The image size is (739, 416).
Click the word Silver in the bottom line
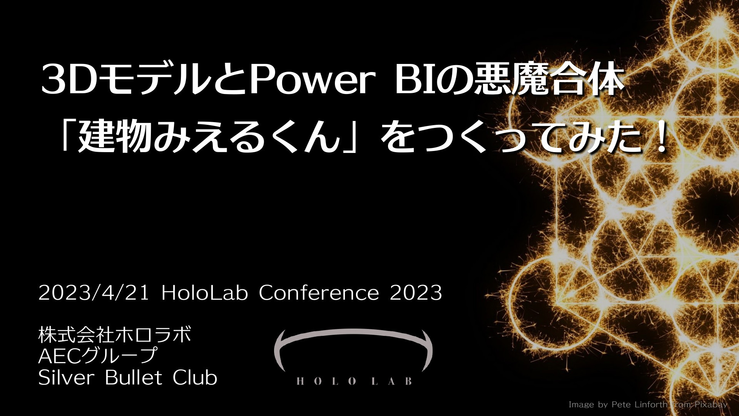[66, 377]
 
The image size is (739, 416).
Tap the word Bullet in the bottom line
[134, 377]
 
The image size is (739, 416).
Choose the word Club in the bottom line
[195, 377]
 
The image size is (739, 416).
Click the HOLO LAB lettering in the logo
[354, 381]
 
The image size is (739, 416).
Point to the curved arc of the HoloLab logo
[353, 332]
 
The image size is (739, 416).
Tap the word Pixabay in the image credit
[711, 405]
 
